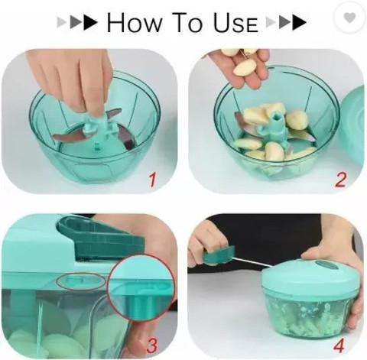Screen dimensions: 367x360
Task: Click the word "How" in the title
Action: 135,22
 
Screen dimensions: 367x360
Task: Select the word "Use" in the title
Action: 235,22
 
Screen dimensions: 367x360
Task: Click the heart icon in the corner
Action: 349,18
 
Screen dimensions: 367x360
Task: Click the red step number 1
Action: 152,179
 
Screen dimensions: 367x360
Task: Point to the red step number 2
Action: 340,180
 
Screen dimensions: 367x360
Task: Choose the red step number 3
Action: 152,345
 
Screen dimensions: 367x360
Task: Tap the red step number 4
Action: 339,345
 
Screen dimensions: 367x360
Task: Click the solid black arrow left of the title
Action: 90,22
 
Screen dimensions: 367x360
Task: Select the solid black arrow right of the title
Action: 299,22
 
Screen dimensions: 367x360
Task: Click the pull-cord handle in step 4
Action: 219,255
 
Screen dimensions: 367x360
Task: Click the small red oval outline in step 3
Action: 81,281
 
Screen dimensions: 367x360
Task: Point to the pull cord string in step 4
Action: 252,262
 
